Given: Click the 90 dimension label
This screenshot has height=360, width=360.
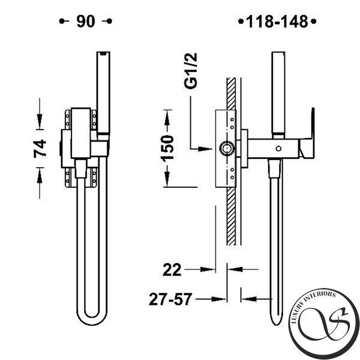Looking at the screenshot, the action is click(86, 22).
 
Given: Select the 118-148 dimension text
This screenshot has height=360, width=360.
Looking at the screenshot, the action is click(277, 22).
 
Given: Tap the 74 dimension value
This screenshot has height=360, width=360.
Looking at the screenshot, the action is click(40, 149).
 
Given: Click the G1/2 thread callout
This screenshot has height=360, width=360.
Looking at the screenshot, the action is click(191, 71).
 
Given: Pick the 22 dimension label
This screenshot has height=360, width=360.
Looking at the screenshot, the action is click(172, 270).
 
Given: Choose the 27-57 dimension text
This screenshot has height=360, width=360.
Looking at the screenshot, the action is click(170, 299).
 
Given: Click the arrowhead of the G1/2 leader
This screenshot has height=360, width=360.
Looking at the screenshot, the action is click(205, 149).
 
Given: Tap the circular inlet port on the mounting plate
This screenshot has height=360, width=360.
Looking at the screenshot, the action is click(227, 148).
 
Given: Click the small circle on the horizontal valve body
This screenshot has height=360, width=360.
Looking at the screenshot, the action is click(278, 149).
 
